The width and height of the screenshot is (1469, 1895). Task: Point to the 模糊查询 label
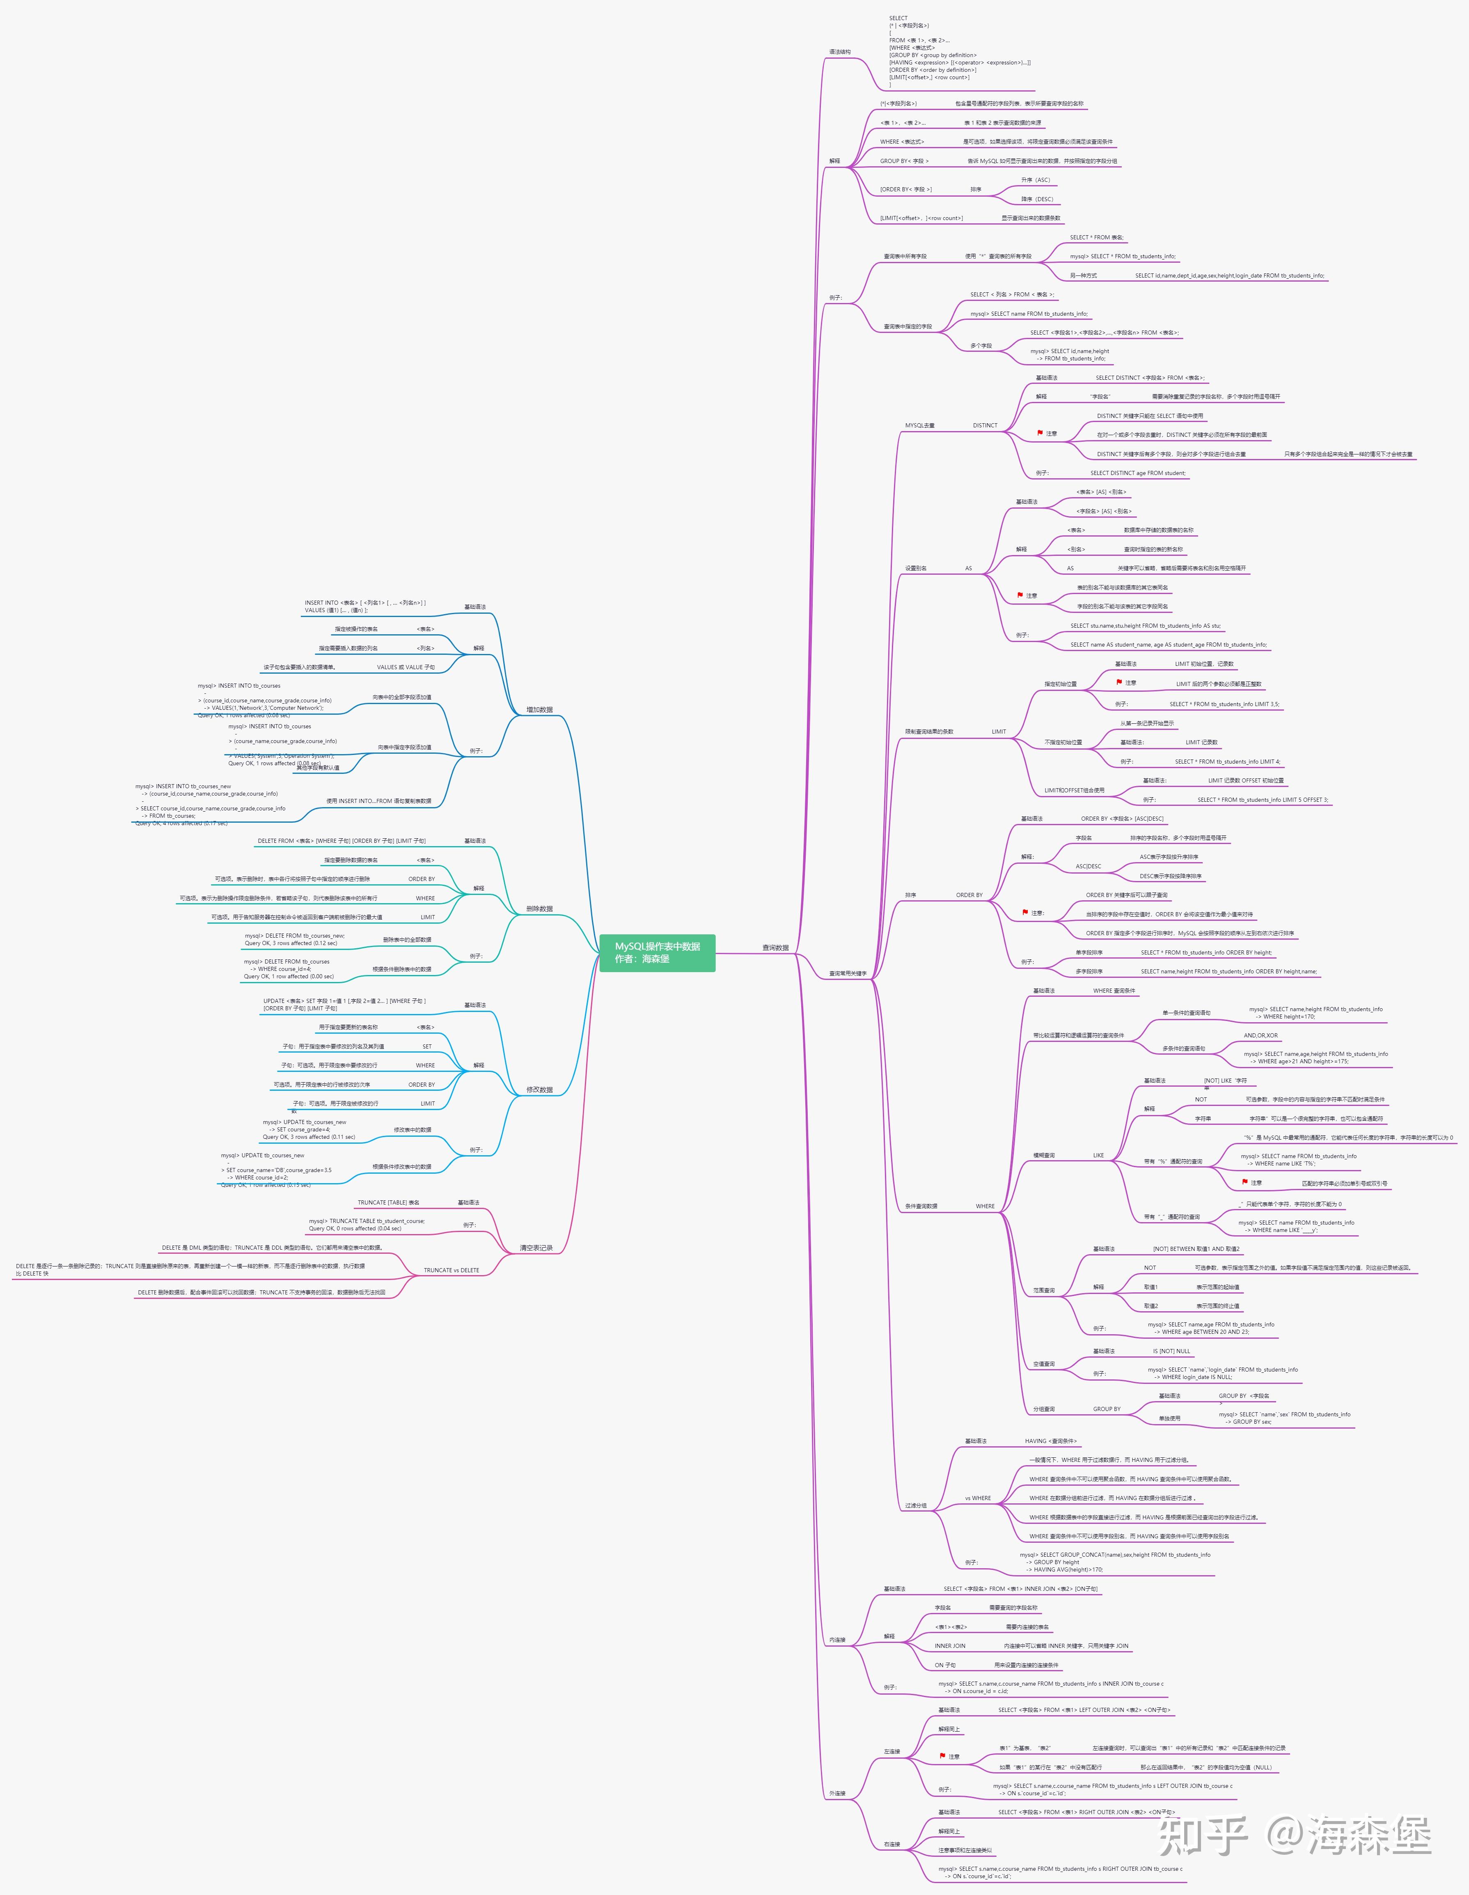pos(1044,1156)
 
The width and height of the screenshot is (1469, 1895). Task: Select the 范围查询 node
pos(1044,1290)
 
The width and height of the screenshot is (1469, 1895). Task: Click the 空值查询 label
pos(1044,1364)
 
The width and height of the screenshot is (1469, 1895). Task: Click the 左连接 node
pos(892,1751)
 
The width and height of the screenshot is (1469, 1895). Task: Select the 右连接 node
pos(892,1844)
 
